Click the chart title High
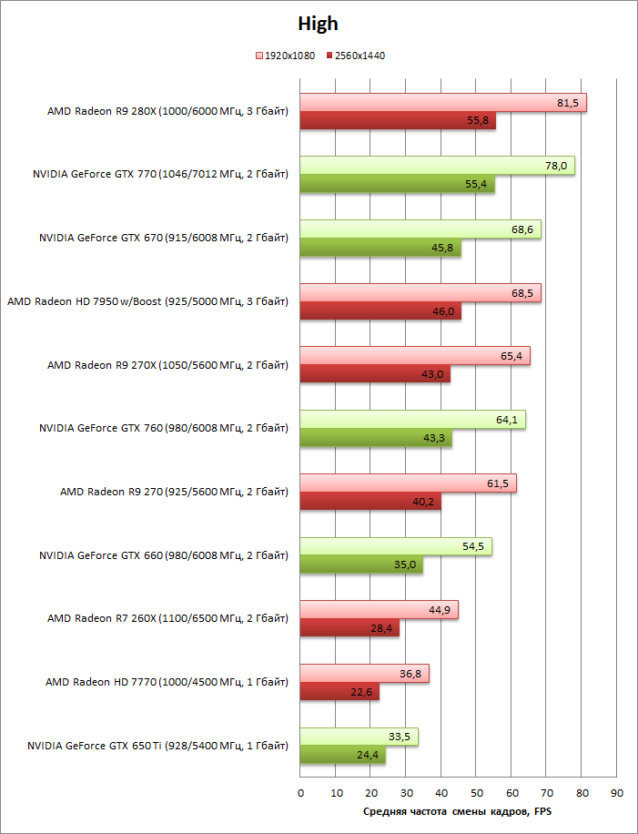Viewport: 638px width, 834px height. click(319, 25)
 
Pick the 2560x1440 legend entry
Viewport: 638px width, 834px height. click(356, 56)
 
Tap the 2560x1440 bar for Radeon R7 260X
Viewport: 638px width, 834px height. click(349, 628)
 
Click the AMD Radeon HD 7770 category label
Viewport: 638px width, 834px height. click(167, 682)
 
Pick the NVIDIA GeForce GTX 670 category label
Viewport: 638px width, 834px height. click(164, 239)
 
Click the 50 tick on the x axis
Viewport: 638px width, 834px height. click(476, 792)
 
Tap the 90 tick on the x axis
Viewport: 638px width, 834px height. click(617, 792)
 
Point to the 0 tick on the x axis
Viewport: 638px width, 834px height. click(300, 792)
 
